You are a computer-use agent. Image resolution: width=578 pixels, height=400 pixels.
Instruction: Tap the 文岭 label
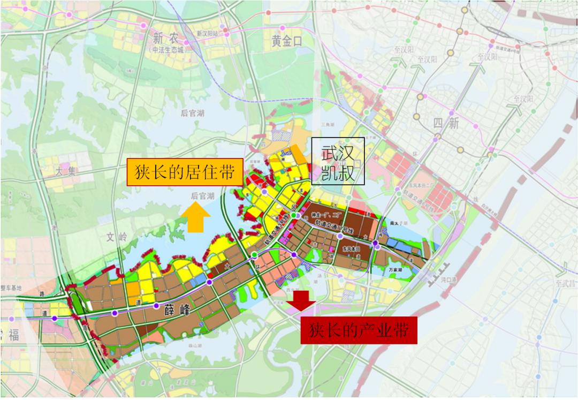pos(117,237)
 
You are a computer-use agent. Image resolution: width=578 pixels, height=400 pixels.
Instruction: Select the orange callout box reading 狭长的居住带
pos(185,172)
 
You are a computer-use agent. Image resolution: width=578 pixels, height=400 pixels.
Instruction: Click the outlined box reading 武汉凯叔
pos(338,161)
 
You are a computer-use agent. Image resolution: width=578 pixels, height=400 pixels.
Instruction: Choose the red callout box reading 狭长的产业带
pos(359,331)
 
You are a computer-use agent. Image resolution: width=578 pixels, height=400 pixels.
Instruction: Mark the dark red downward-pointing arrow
pos(301,300)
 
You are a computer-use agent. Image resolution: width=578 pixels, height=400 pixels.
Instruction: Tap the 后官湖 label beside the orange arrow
pos(203,197)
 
